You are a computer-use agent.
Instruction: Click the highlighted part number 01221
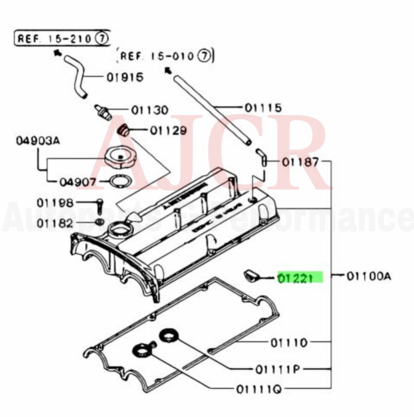pyautogui.click(x=300, y=277)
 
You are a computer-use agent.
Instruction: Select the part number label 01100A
pyautogui.click(x=368, y=276)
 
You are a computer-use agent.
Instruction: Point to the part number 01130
pyautogui.click(x=149, y=110)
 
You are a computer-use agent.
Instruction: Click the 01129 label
pyautogui.click(x=168, y=131)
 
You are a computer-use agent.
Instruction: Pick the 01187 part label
pyautogui.click(x=300, y=162)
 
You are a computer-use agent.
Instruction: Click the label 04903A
pyautogui.click(x=38, y=141)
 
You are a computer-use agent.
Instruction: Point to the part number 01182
pyautogui.click(x=54, y=223)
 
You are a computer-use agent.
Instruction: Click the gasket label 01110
pyautogui.click(x=289, y=342)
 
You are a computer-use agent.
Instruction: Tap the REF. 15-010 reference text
pyautogui.click(x=166, y=56)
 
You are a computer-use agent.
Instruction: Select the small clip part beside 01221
pyautogui.click(x=251, y=275)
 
